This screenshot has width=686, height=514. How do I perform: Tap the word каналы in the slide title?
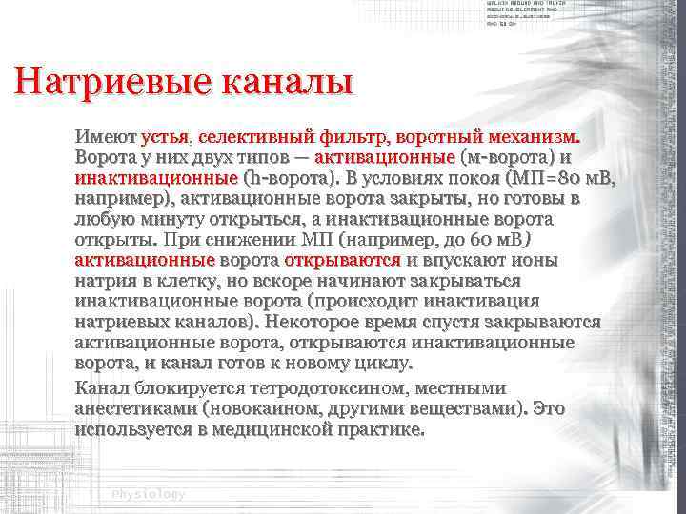pos(287,82)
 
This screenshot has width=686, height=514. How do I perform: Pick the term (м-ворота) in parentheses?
pos(504,157)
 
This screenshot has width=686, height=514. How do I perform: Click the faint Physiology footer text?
pos(148,495)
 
